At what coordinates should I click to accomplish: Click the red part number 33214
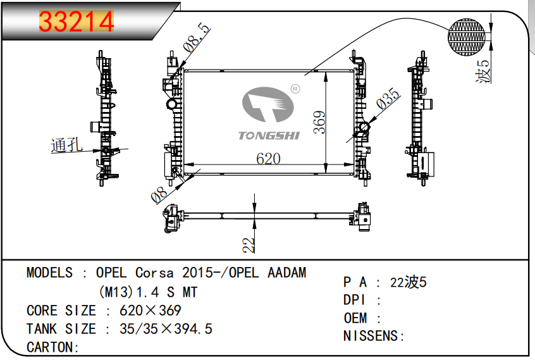pos(77,22)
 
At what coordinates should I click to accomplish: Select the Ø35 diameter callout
pos(388,101)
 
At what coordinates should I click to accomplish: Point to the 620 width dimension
pos(268,159)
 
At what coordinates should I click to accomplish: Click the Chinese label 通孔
pos(66,146)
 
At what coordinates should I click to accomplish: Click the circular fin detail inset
pos(469,35)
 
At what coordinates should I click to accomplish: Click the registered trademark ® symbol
pos(295,89)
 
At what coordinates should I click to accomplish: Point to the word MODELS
pos(49,273)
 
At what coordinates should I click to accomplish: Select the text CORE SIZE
pos(61,311)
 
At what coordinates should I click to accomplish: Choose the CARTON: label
pos(52,347)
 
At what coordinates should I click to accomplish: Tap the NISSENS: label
pos(374,336)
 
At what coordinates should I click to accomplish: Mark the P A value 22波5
pos(409,282)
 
